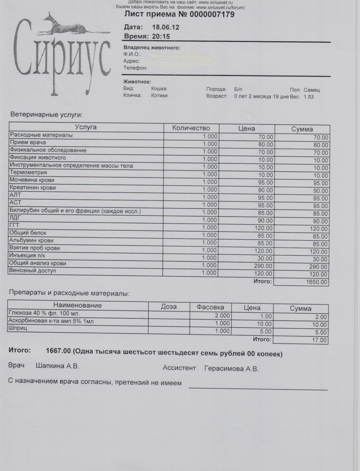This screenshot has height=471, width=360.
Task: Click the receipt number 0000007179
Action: [x=205, y=15]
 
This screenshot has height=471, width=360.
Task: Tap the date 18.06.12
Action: [x=166, y=27]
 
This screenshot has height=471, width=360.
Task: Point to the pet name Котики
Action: [x=159, y=96]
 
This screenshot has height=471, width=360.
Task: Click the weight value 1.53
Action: [x=309, y=97]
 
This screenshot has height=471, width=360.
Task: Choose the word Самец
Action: [x=311, y=90]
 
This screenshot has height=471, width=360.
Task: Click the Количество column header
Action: [x=191, y=128]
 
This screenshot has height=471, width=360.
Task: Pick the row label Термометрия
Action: [x=28, y=172]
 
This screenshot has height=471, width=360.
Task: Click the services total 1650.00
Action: [x=317, y=283]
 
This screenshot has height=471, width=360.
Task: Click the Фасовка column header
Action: [x=210, y=307]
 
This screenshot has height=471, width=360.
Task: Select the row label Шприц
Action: [x=18, y=329]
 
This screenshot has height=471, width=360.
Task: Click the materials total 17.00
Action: [x=319, y=340]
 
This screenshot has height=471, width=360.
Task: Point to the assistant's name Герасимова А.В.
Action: [x=231, y=369]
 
